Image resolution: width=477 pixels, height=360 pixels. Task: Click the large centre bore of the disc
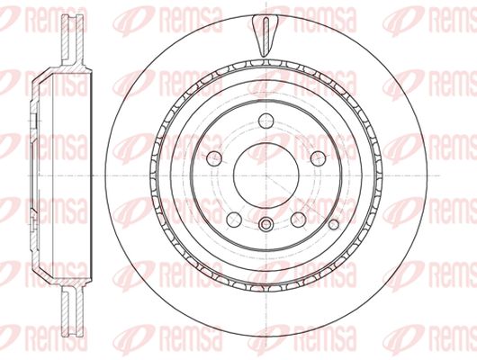pyautogui.click(x=266, y=175)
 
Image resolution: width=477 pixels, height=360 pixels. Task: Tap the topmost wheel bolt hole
pyautogui.click(x=266, y=121)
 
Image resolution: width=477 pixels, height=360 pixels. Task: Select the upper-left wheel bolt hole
pyautogui.click(x=214, y=158)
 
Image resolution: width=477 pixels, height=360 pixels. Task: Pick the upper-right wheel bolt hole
pyautogui.click(x=319, y=158)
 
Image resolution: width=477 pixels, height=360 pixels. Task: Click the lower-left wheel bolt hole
pyautogui.click(x=234, y=220)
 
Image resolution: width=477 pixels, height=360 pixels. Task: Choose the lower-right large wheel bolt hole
pyautogui.click(x=298, y=220)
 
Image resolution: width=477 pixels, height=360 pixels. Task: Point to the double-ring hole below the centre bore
pyautogui.click(x=266, y=225)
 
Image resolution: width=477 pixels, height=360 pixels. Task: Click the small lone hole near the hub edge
pyautogui.click(x=334, y=225)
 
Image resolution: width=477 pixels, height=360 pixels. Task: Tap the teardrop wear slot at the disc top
pyautogui.click(x=265, y=36)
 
